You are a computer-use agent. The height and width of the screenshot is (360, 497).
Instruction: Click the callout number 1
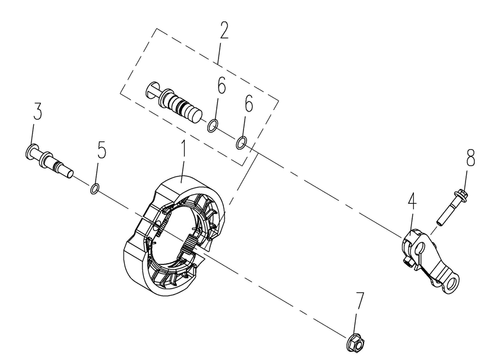183,150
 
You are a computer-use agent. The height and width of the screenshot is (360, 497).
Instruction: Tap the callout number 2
224,30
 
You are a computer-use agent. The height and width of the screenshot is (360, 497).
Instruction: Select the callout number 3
37,110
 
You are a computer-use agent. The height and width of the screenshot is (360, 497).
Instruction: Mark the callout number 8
471,157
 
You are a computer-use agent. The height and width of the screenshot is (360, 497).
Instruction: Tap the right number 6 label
249,103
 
